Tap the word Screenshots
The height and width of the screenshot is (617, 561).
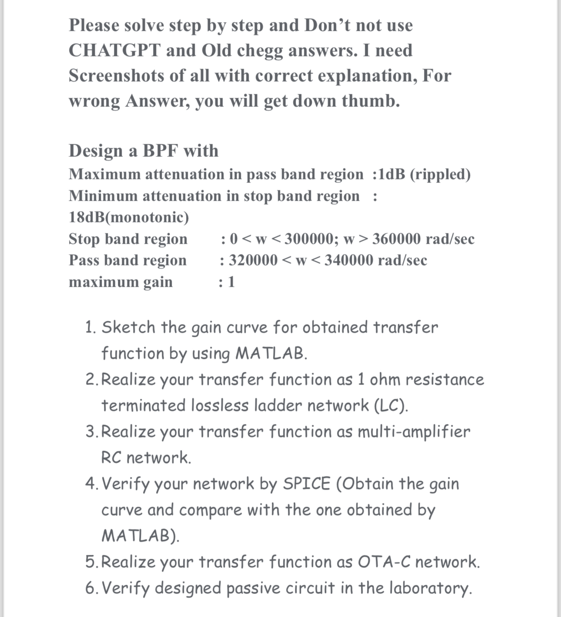[116, 76]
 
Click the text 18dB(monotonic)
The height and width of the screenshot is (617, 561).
[129, 217]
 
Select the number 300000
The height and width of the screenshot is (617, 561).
[310, 239]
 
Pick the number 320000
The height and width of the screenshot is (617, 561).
[253, 260]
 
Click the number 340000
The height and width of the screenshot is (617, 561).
[349, 260]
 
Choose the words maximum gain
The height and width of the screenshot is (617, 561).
[120, 282]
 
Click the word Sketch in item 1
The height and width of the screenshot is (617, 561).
[128, 327]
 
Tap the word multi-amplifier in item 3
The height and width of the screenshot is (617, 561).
[414, 432]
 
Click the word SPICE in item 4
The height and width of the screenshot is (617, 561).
[306, 484]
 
